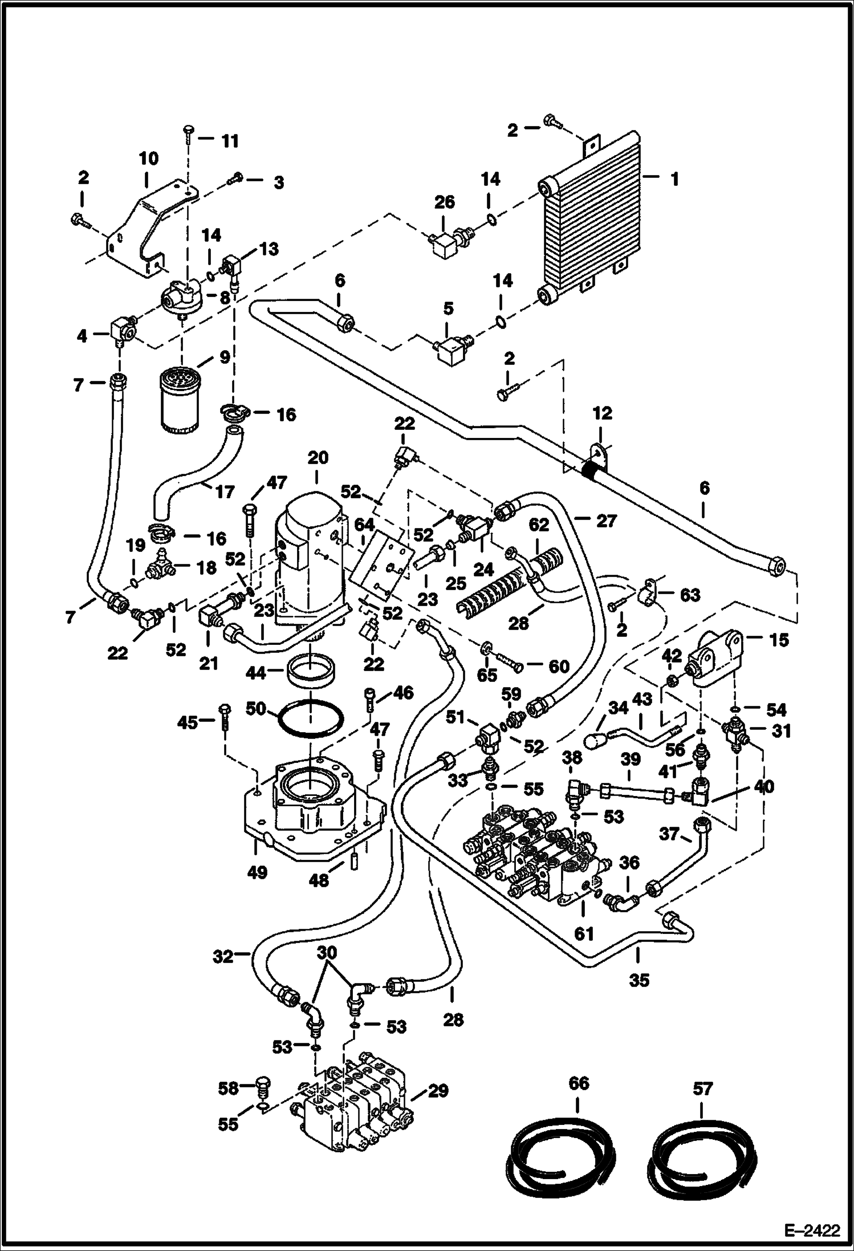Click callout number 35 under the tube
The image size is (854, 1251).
639,980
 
